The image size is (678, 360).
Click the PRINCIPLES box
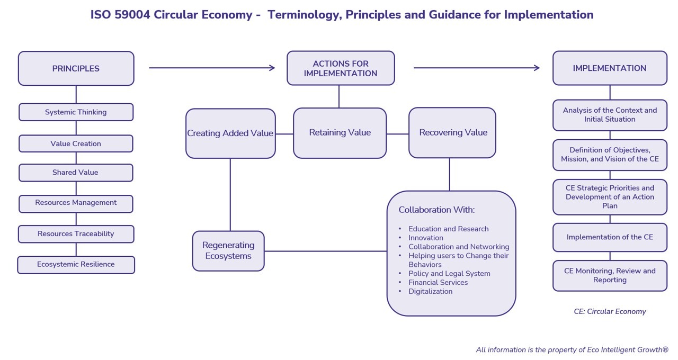click(76, 68)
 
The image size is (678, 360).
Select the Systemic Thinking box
click(76, 112)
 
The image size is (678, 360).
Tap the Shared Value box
click(76, 173)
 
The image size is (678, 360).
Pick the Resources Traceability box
click(76, 234)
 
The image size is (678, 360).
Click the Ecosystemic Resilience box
click(76, 265)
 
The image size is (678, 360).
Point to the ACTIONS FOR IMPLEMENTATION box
click(341, 68)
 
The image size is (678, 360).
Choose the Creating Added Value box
click(230, 133)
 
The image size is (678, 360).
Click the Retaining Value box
click(340, 133)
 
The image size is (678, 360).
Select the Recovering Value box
click(452, 132)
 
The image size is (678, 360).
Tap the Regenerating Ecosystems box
click(228, 251)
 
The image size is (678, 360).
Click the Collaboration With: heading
click(436, 210)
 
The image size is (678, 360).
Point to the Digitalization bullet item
click(430, 292)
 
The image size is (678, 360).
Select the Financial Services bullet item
click(438, 283)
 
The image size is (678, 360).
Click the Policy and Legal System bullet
click(449, 274)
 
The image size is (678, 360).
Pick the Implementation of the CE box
click(610, 237)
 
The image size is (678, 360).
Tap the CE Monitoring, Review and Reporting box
click(610, 275)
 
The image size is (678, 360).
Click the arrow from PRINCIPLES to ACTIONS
click(212, 68)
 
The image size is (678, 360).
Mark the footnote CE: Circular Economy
click(610, 312)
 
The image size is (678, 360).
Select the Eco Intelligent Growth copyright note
click(572, 350)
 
